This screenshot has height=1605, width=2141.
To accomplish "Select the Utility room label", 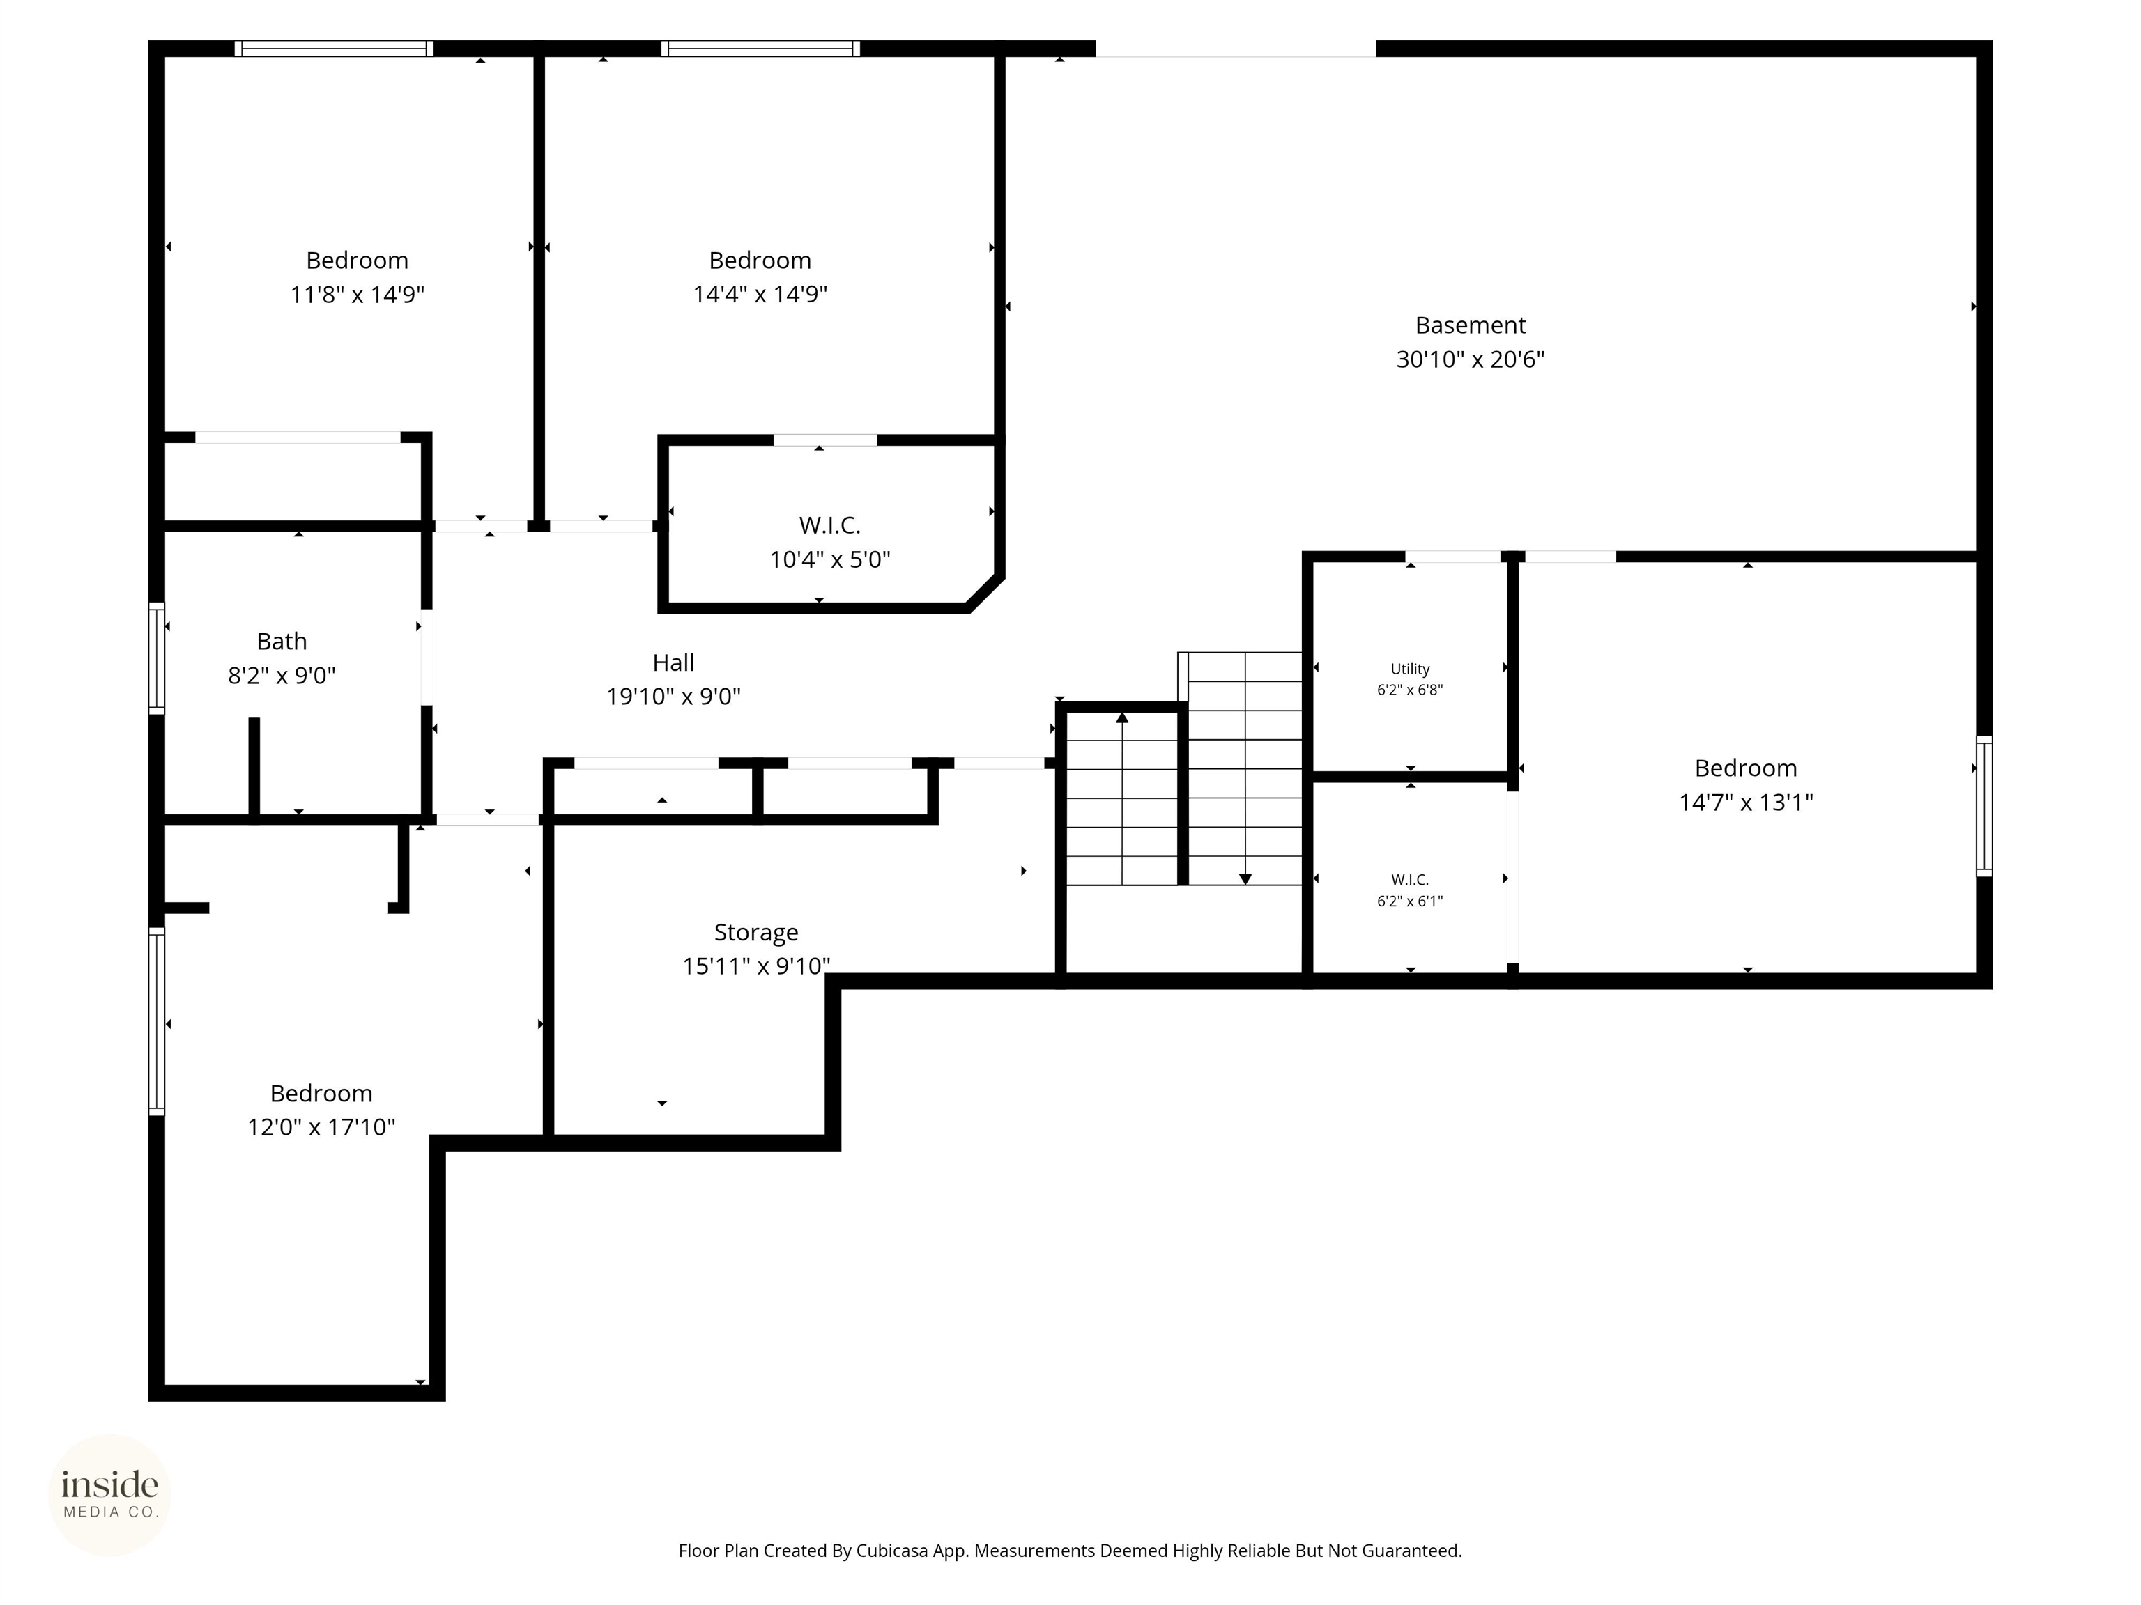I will coord(1409,669).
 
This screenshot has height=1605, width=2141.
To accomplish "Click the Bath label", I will coord(282,642).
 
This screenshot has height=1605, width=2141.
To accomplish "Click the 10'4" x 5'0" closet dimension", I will coord(829,559).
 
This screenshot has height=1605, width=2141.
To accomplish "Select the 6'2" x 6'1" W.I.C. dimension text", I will coord(1409,901).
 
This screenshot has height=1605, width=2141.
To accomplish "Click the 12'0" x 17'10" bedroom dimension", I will coord(321,1127).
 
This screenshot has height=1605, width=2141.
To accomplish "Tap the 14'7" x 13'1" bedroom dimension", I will coord(1745,802).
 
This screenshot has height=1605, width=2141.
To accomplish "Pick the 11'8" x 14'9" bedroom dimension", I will coord(357,294).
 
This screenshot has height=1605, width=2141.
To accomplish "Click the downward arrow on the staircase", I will coord(1245,878).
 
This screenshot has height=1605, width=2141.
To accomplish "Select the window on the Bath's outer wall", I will coord(156,658).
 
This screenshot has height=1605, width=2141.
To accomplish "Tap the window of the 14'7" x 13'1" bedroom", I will coord(1983,806).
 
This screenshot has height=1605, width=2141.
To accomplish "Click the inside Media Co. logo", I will coord(109,1495).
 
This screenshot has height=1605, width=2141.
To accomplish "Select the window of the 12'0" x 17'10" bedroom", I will coord(156,1021).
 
